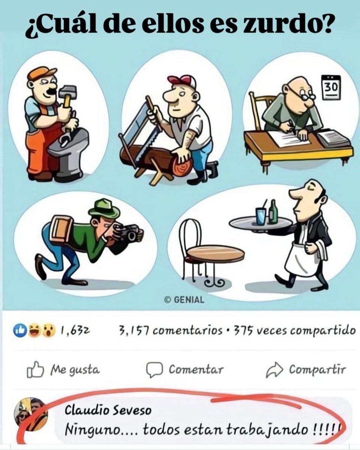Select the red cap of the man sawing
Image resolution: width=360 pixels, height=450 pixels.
tap(182, 81)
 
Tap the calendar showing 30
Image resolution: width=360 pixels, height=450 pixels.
tap(331, 87)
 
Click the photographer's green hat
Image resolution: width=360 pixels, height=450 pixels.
tap(104, 208)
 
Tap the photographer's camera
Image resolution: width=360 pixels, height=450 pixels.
tap(129, 232)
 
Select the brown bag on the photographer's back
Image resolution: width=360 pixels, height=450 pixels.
tap(61, 229)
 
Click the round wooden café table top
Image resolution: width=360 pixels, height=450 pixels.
tap(216, 253)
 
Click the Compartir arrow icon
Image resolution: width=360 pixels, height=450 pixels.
tap(273, 370)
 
